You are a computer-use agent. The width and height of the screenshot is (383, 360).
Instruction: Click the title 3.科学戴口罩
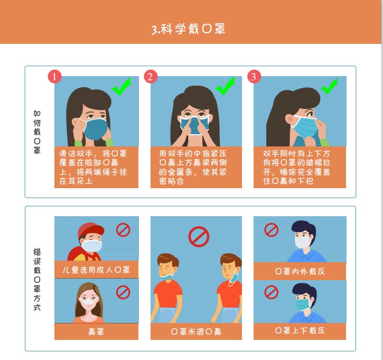(189, 29)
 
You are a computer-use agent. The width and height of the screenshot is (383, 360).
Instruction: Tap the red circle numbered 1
(55, 77)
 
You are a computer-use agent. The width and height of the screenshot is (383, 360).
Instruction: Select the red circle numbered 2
(151, 77)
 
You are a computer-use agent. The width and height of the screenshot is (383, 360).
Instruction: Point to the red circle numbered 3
(254, 77)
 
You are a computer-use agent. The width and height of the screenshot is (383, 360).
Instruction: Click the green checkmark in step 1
(122, 87)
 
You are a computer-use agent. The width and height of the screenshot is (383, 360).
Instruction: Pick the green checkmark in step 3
(329, 86)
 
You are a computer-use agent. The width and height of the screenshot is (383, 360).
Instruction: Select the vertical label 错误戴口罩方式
(37, 279)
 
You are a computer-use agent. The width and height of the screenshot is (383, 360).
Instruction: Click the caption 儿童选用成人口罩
(96, 270)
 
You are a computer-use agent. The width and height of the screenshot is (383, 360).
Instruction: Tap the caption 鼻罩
(96, 332)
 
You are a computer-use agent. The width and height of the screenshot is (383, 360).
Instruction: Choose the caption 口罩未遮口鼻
(196, 332)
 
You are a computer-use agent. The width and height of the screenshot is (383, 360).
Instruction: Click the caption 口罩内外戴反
(300, 271)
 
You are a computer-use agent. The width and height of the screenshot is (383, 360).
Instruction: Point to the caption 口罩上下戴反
(300, 331)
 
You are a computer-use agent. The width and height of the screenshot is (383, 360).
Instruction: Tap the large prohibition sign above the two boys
(199, 236)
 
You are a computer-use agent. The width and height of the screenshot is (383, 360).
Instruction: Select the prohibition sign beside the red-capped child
(123, 229)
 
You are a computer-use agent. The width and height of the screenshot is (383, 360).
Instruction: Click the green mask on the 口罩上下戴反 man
(303, 304)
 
